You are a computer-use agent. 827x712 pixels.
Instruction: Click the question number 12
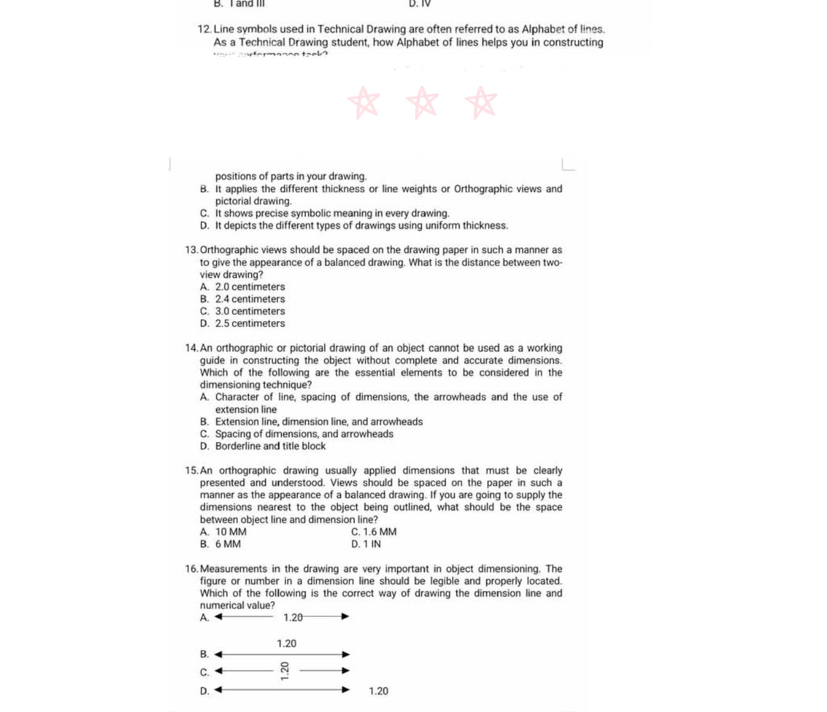tap(204, 29)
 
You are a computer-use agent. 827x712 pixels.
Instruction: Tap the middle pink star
tap(422, 103)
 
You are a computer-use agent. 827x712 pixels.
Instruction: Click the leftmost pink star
tap(364, 103)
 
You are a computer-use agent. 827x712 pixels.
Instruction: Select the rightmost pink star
tap(481, 103)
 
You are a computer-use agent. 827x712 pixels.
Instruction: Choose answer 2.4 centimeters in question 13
tap(250, 299)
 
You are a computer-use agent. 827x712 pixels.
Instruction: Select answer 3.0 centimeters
tap(250, 311)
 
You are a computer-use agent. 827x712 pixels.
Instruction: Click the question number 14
tap(191, 348)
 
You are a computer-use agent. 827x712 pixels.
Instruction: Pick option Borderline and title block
tap(270, 446)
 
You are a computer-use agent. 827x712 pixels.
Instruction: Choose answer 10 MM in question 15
tap(230, 532)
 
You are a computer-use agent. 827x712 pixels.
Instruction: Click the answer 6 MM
tap(228, 544)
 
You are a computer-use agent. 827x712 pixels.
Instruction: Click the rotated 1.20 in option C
tap(285, 671)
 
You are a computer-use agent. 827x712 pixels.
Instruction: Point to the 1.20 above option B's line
tap(287, 643)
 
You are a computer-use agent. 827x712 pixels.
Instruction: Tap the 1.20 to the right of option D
tap(379, 691)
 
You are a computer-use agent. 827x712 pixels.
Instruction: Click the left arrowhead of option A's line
tap(219, 616)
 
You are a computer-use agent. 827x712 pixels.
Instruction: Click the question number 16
tap(191, 569)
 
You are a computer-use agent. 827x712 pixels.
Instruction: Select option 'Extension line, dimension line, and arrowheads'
tap(319, 422)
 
